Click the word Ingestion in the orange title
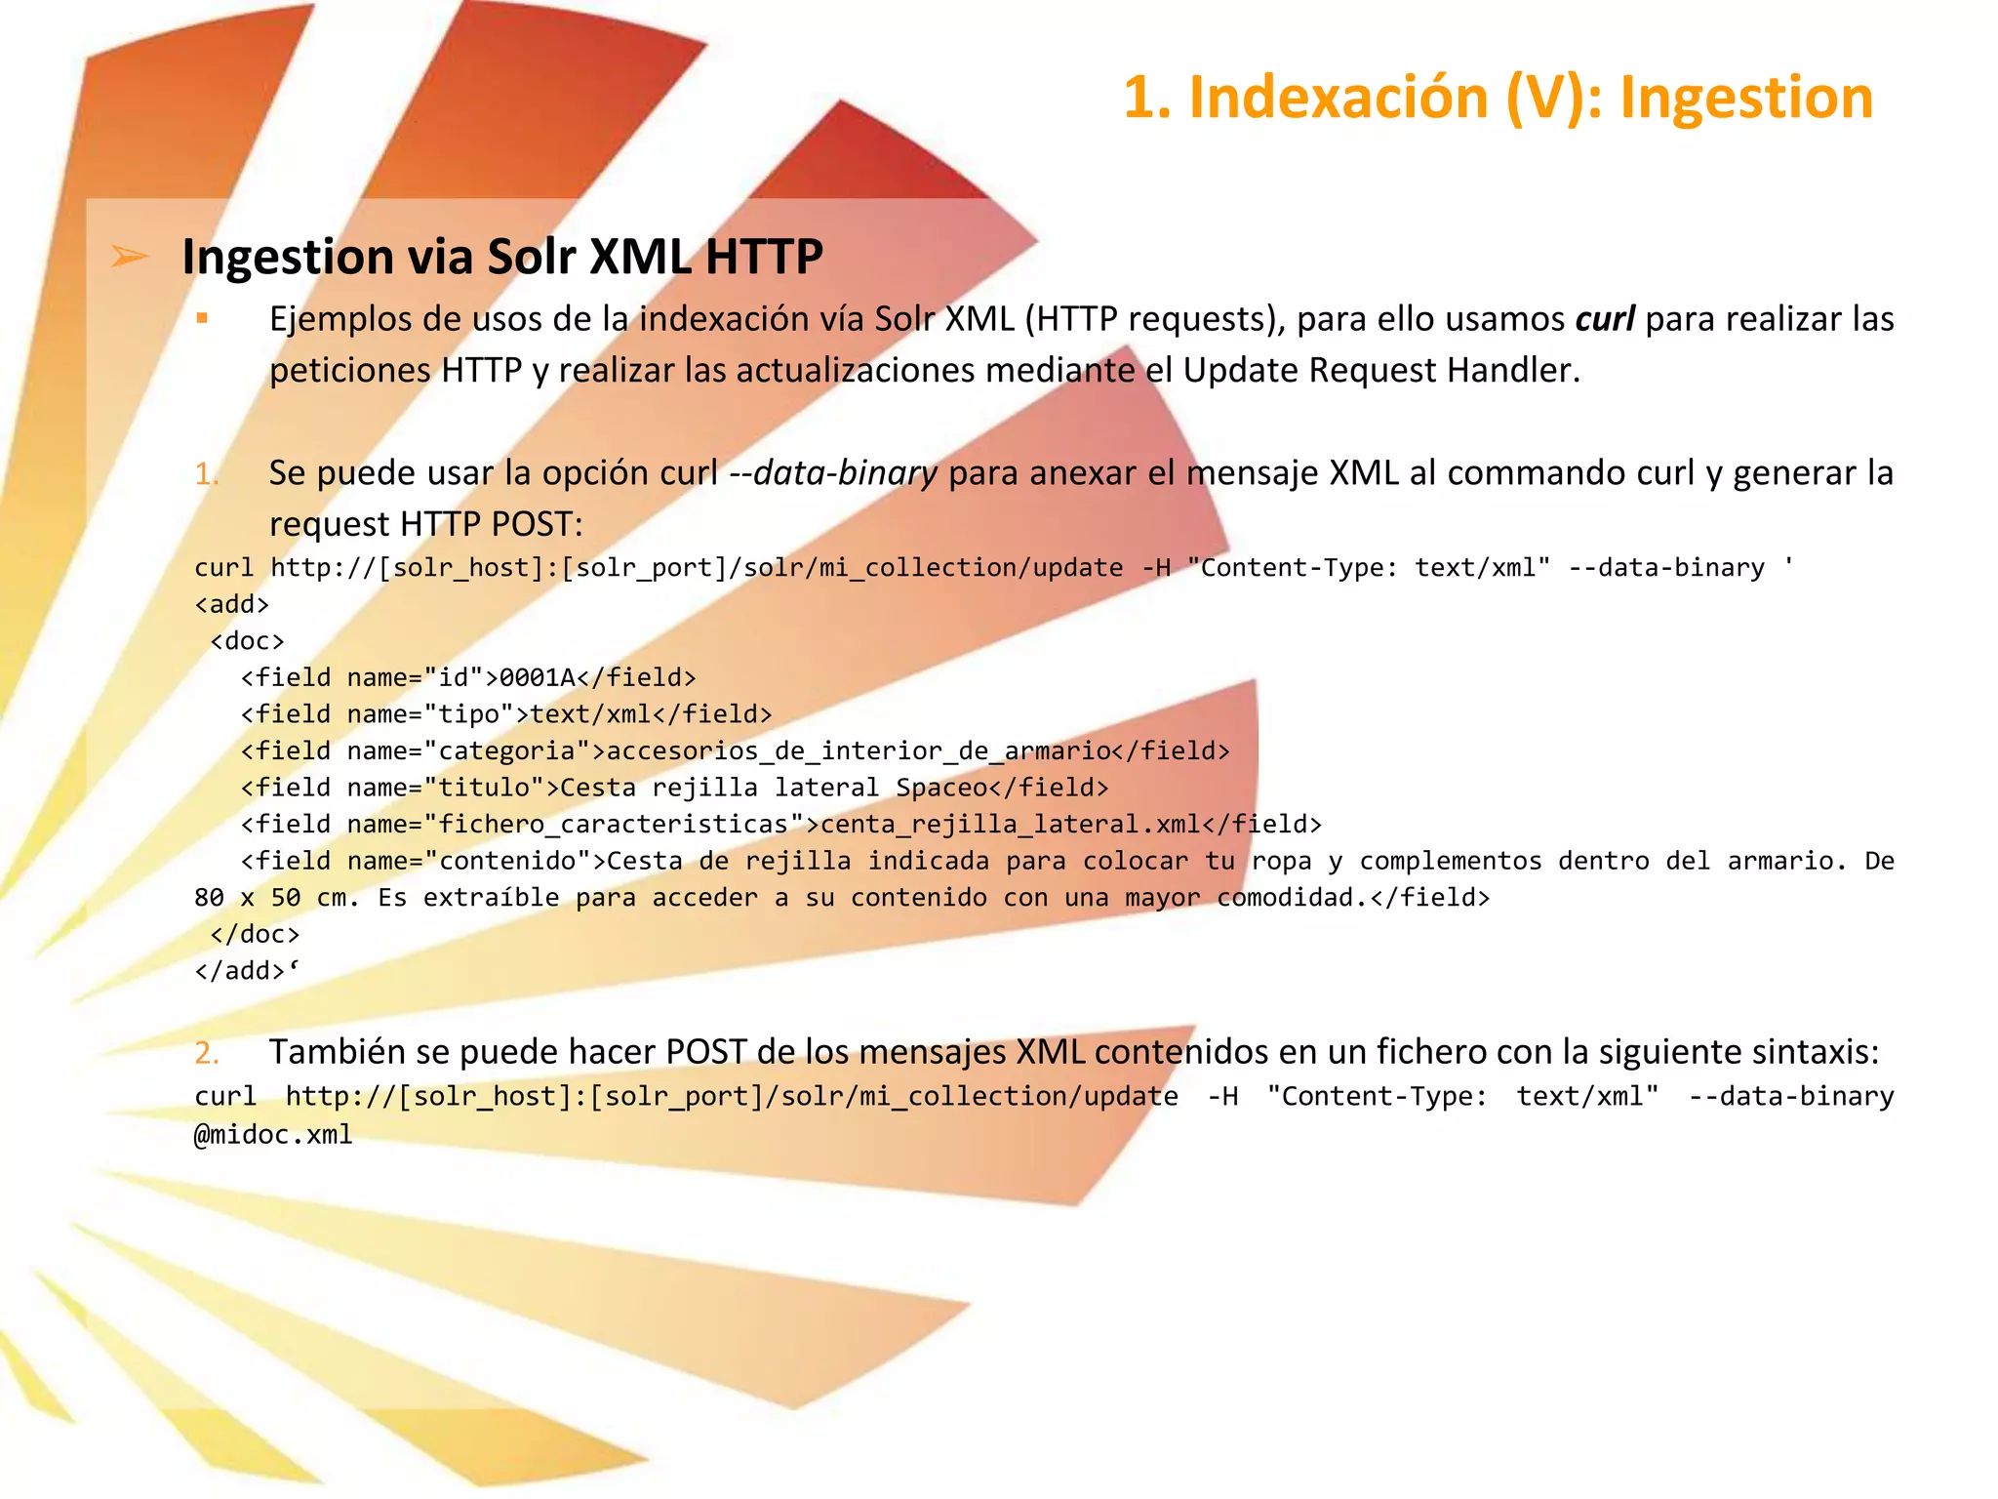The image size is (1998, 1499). (x=1745, y=99)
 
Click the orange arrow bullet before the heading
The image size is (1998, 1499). (x=129, y=257)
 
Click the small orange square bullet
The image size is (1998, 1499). (x=202, y=317)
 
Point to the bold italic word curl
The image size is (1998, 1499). (x=1605, y=319)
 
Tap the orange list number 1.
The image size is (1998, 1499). (x=206, y=473)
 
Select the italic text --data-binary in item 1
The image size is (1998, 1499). (x=834, y=473)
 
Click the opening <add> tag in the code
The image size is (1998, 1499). (x=231, y=605)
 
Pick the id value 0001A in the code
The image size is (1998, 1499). (x=538, y=678)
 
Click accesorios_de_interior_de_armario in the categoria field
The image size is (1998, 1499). (x=859, y=751)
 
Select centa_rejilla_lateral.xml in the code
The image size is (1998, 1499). (x=1011, y=825)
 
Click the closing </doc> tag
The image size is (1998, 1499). (x=255, y=935)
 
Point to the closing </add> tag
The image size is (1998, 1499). (x=240, y=971)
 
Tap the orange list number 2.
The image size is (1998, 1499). (x=206, y=1052)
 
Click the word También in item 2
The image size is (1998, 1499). (x=337, y=1052)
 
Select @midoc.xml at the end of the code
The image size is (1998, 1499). (x=273, y=1134)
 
